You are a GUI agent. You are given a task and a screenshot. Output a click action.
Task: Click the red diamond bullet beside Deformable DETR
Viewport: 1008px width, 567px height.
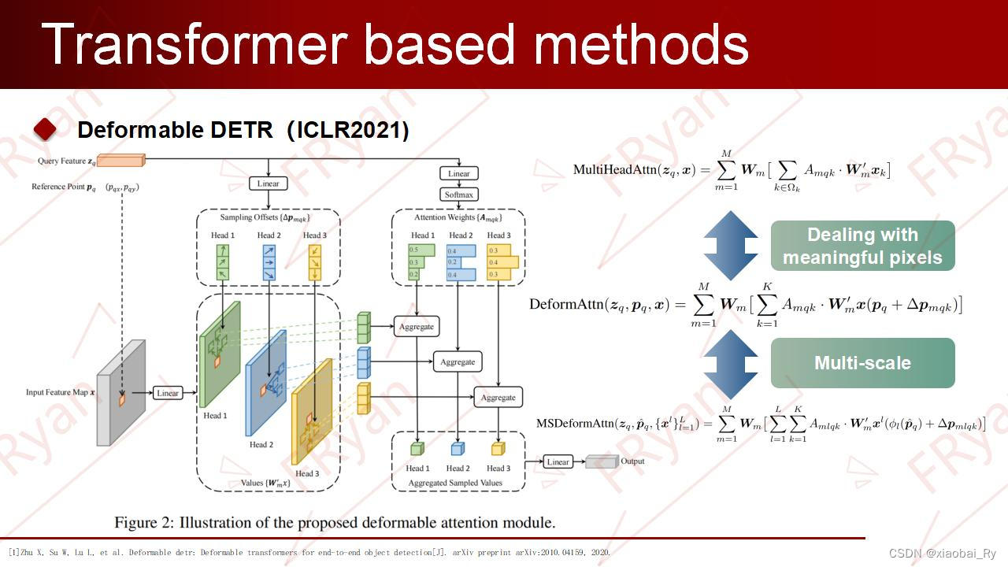(45, 130)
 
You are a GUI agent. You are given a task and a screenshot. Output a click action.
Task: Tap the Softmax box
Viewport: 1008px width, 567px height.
(458, 195)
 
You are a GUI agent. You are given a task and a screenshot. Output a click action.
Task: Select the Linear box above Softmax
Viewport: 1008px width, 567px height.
(458, 173)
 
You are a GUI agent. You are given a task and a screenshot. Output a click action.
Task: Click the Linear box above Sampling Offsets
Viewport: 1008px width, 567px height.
(269, 183)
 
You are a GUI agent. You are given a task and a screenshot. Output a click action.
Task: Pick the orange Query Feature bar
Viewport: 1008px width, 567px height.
(120, 161)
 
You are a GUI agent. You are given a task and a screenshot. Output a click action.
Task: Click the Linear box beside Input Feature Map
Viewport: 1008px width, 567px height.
(168, 393)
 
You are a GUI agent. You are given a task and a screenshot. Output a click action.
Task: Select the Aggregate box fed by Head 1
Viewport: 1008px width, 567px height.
(417, 326)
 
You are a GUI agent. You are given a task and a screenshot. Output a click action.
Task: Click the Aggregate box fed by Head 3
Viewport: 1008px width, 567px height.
(498, 398)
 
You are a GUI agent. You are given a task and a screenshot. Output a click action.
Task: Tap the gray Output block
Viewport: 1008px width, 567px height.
(602, 461)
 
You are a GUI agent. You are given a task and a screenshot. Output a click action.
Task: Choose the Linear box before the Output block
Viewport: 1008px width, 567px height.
(558, 461)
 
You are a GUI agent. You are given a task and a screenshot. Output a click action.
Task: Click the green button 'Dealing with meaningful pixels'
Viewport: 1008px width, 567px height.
(862, 246)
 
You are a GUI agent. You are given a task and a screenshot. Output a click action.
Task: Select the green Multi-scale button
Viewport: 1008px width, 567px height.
(862, 363)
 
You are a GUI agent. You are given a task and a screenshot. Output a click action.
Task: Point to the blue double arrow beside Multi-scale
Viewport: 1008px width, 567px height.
(730, 363)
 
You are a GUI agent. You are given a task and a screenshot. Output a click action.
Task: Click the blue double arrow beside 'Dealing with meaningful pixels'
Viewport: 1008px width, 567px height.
(730, 246)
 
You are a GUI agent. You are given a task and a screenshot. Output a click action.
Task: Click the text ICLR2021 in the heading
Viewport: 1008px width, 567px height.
(347, 130)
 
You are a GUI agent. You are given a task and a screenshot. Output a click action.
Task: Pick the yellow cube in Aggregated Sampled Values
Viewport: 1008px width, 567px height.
(498, 449)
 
